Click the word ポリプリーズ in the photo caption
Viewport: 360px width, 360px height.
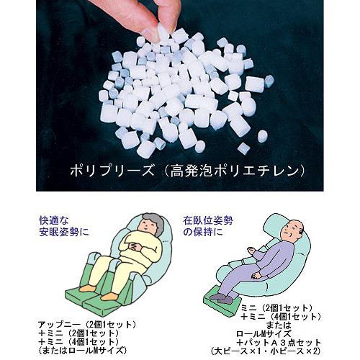click(112, 171)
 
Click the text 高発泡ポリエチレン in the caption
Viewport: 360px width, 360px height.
click(235, 171)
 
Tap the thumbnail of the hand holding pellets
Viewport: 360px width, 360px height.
click(180, 96)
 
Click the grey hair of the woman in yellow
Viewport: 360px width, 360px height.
click(153, 222)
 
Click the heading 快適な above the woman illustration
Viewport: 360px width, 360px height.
click(54, 220)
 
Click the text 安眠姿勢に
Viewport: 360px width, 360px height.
click(64, 232)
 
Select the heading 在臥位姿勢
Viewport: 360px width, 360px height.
click(208, 220)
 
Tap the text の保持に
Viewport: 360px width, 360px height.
click(203, 232)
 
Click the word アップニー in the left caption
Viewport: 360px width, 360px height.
click(58, 325)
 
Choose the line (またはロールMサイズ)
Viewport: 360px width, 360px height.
click(82, 350)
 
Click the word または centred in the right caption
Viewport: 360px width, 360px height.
click(279, 325)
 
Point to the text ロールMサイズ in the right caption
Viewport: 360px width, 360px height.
click(264, 334)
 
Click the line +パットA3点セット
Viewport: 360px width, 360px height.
click(279, 343)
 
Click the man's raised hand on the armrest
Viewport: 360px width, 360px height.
click(251, 251)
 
